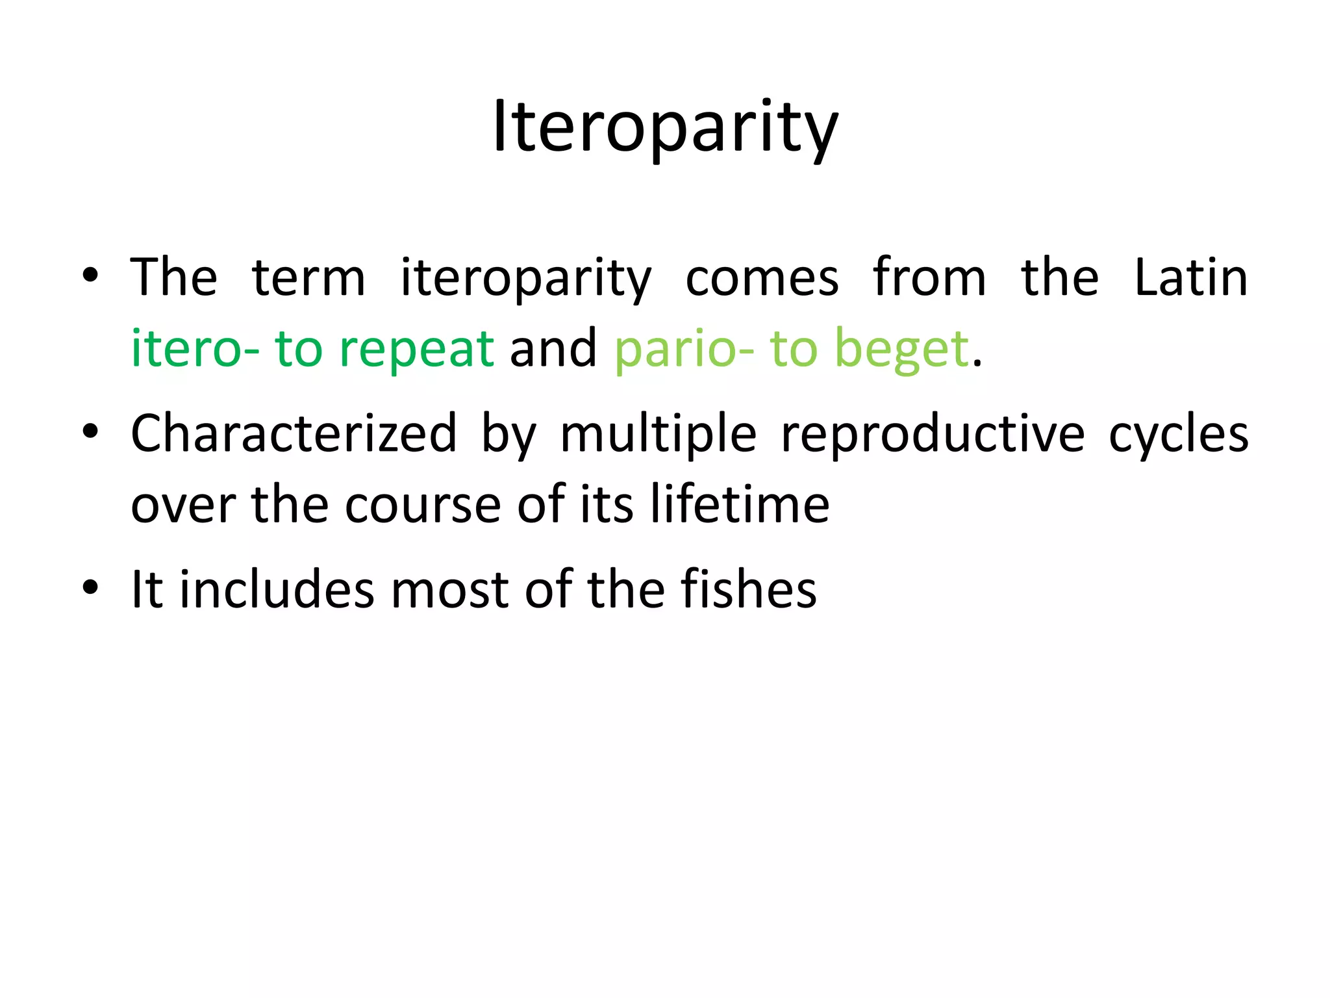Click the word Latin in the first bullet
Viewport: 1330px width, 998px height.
pyautogui.click(x=1190, y=278)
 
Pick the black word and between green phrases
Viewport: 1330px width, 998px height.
pyautogui.click(x=553, y=349)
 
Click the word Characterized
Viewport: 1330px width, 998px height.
pyautogui.click(x=294, y=434)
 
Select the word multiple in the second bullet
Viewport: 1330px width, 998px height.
pyautogui.click(x=658, y=434)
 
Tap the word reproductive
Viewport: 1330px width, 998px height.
pyautogui.click(x=933, y=434)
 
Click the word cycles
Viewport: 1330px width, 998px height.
pyautogui.click(x=1178, y=434)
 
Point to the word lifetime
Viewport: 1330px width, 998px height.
pyautogui.click(x=740, y=505)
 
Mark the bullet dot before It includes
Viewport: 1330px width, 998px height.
pyautogui.click(x=90, y=587)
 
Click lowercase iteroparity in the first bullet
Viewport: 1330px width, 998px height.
pyautogui.click(x=525, y=278)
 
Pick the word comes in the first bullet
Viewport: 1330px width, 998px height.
pyautogui.click(x=762, y=278)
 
